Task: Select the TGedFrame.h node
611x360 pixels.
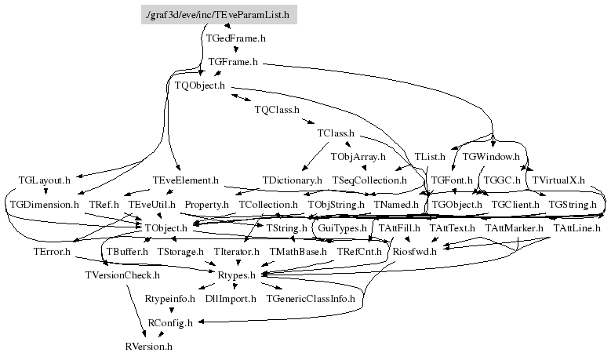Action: point(235,38)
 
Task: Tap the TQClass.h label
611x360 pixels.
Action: point(277,110)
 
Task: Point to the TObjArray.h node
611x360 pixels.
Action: point(358,158)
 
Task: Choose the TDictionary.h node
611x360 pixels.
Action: point(293,180)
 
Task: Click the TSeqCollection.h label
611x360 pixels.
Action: point(369,180)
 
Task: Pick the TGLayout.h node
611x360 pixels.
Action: point(44,180)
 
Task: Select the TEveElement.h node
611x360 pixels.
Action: point(186,180)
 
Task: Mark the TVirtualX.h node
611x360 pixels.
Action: point(558,180)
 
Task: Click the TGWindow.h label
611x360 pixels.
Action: point(492,157)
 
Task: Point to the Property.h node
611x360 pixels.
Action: point(206,205)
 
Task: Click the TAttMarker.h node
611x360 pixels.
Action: point(514,228)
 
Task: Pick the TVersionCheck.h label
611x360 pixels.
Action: point(122,275)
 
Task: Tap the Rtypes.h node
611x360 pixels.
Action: point(237,275)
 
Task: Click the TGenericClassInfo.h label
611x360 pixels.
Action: point(311,299)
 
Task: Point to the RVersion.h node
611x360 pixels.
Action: point(148,346)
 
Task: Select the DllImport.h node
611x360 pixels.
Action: point(231,299)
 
